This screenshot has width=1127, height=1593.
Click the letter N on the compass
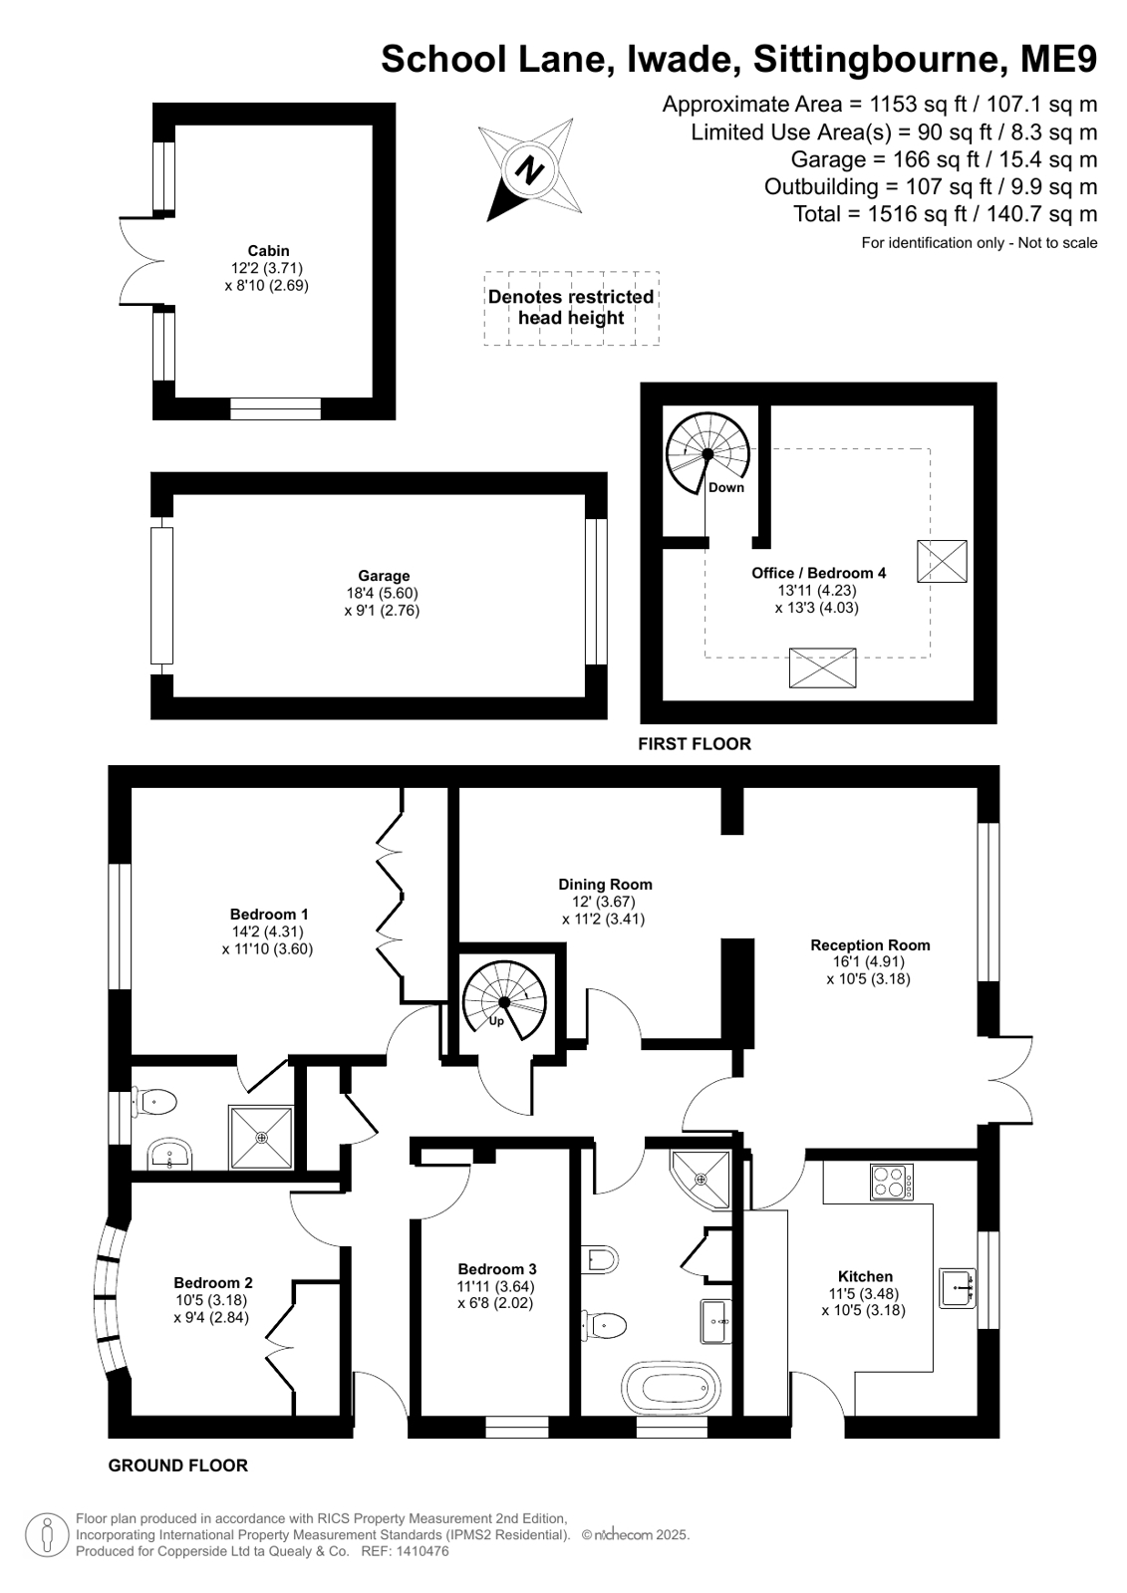pos(529,170)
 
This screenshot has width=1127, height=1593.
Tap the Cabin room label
pos(268,250)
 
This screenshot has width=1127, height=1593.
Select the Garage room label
pos(384,576)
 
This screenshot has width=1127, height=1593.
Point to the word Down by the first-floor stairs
pos(725,487)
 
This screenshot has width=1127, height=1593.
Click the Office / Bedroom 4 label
pos(818,573)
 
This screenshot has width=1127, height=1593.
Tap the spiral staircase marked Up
pos(504,1003)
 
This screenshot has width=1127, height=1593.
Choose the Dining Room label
pos(605,885)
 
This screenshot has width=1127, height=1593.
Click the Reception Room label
pos(870,945)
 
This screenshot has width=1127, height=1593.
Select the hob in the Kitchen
pos(892,1182)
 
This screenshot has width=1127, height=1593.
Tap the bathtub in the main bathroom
pos(671,1387)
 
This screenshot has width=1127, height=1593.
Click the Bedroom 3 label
pos(496,1269)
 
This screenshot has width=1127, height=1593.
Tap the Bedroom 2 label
pos(212,1283)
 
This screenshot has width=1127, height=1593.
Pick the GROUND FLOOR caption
pos(178,1465)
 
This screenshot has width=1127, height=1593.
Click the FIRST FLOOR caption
pos(695,744)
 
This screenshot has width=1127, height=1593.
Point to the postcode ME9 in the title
pos(1058,59)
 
